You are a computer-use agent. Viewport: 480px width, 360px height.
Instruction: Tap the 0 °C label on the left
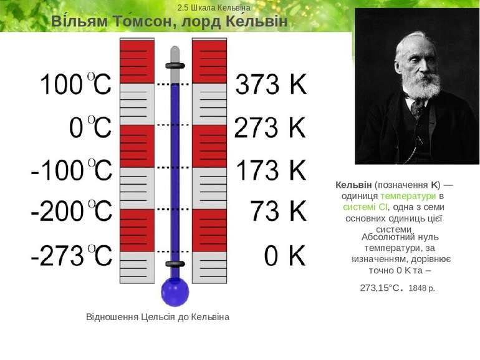click(90, 128)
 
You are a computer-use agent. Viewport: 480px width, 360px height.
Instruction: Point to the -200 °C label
click(72, 212)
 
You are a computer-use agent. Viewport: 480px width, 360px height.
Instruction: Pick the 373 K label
click(271, 85)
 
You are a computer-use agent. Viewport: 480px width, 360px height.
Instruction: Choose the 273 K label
click(271, 128)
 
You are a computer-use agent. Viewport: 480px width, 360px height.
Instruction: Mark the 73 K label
click(279, 212)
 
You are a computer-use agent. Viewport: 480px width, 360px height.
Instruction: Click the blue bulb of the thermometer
click(175, 291)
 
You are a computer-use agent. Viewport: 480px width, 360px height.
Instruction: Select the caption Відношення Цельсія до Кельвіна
click(158, 317)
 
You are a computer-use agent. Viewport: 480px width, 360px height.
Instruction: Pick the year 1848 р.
click(422, 288)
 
